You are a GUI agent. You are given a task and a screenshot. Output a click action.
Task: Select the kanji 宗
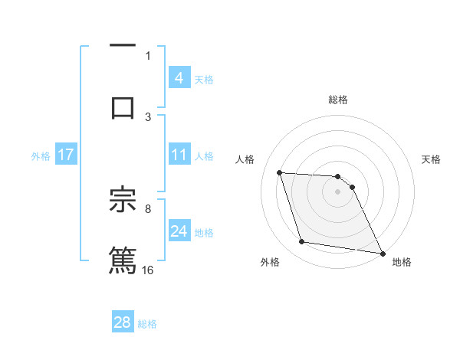tap(123, 201)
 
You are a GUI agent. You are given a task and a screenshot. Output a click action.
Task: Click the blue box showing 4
tap(179, 78)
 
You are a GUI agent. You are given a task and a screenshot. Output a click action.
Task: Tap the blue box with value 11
tap(179, 155)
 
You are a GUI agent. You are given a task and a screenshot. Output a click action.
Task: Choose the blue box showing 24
tap(179, 232)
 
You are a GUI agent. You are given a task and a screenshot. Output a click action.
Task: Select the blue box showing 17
tap(66, 155)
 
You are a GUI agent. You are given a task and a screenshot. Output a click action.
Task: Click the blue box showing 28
tap(123, 322)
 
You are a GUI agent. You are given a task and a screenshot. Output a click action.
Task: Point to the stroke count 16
tap(148, 270)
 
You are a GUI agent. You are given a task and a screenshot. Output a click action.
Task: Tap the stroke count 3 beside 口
tap(148, 116)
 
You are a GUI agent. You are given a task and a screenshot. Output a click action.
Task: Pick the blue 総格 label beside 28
tap(147, 324)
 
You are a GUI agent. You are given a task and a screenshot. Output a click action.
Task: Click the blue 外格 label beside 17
tap(41, 156)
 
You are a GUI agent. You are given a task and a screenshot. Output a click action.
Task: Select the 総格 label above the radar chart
tap(338, 100)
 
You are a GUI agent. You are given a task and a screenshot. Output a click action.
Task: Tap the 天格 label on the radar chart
tap(431, 160)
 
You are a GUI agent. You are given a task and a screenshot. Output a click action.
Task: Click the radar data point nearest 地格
tap(382, 253)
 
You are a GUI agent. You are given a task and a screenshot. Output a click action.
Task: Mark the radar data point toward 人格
tap(279, 172)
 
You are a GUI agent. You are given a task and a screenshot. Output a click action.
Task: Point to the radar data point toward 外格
tap(302, 242)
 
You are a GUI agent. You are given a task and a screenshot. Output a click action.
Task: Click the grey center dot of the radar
tap(337, 192)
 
